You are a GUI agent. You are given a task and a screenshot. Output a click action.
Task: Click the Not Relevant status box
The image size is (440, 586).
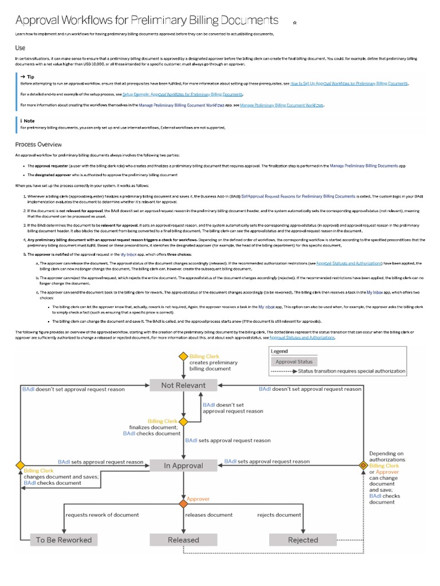[183, 385]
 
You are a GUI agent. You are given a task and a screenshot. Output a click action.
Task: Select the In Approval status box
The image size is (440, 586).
[183, 466]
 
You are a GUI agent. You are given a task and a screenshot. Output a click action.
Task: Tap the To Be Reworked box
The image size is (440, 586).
[63, 540]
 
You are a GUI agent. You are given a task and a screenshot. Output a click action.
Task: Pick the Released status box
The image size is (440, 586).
[183, 540]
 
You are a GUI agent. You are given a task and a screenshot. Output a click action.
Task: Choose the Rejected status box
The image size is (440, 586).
[302, 540]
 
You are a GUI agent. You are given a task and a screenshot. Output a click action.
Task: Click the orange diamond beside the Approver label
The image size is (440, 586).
[183, 504]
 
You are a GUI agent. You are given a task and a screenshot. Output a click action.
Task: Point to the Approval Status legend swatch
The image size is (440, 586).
[294, 362]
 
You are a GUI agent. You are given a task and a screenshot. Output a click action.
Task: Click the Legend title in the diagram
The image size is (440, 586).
[280, 351]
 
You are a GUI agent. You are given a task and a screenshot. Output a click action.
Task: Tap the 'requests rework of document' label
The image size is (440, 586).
[102, 515]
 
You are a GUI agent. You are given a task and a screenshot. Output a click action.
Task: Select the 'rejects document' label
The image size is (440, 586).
[279, 515]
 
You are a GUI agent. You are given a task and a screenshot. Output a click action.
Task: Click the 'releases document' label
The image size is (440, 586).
[209, 515]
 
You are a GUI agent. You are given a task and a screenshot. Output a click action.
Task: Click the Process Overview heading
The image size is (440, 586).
[38, 144]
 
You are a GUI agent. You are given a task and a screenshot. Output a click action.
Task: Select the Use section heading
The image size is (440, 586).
[20, 48]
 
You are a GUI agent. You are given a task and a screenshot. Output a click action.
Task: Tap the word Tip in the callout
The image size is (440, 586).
[30, 76]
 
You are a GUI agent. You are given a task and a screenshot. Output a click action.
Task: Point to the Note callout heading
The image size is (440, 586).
[29, 121]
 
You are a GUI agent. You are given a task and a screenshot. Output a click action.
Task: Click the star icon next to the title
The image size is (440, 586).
[294, 23]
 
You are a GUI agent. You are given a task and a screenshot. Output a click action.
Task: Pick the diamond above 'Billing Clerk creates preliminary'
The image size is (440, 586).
[183, 356]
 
